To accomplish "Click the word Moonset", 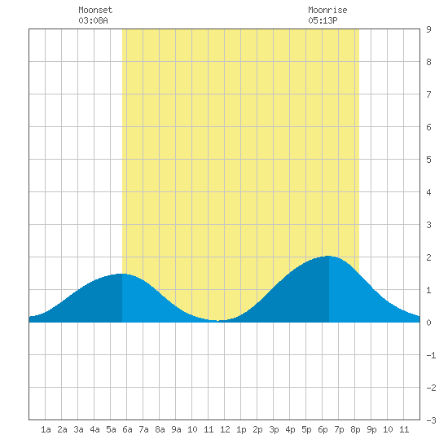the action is point(95,10).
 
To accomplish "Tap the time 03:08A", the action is point(93,20).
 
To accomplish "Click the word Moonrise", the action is point(327,10).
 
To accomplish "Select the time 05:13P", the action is point(323,20).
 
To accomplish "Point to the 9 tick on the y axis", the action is point(428,29).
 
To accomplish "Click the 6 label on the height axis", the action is point(428,127).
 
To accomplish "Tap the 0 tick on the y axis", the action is point(428,323).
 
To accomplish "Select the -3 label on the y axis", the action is point(431,420).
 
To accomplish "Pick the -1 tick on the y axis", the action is point(431,355).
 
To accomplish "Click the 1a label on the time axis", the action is point(46,429).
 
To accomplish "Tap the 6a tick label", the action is point(127,429).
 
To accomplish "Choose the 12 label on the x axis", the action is point(225,429).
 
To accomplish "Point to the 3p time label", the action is point(274,429).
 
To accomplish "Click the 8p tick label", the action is point(355,429).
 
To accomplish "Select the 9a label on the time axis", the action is point(176,429).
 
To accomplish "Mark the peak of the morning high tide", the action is point(122,274).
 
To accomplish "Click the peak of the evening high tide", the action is point(328,256).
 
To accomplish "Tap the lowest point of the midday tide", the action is point(217,321).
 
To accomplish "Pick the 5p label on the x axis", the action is point(306,429).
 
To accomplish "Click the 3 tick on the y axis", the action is point(428,225).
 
